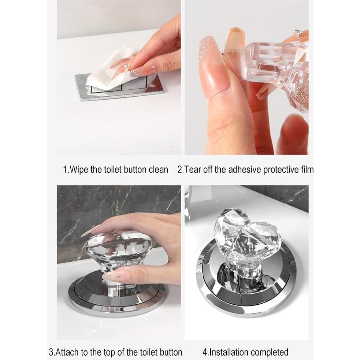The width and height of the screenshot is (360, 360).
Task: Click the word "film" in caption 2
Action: coord(306,170)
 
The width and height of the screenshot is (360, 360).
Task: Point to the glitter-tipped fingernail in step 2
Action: coord(209,55)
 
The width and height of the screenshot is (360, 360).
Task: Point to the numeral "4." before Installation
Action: coord(206,352)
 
